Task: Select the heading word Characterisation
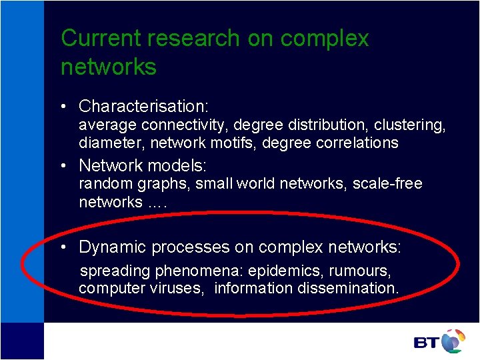[x=143, y=106]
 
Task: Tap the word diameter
[x=111, y=143]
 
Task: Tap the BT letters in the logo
[x=426, y=343]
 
